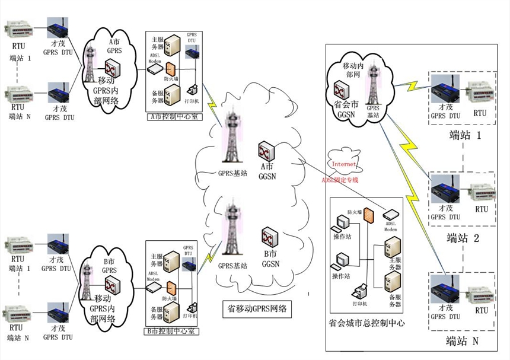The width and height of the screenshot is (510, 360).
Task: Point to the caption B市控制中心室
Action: tap(172, 332)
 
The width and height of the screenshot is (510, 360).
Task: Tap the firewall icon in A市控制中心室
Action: tap(171, 68)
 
